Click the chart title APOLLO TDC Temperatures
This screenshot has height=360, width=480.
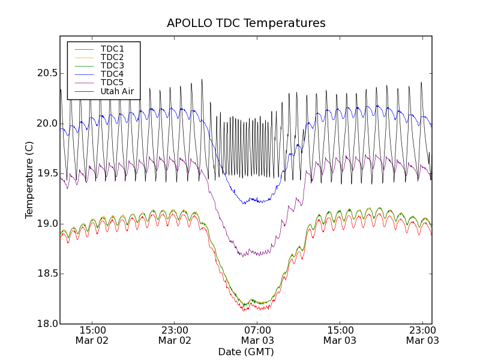(246, 23)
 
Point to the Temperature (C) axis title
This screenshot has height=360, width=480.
(29, 180)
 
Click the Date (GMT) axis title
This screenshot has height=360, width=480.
(246, 352)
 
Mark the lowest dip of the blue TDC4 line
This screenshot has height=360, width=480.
(244, 203)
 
